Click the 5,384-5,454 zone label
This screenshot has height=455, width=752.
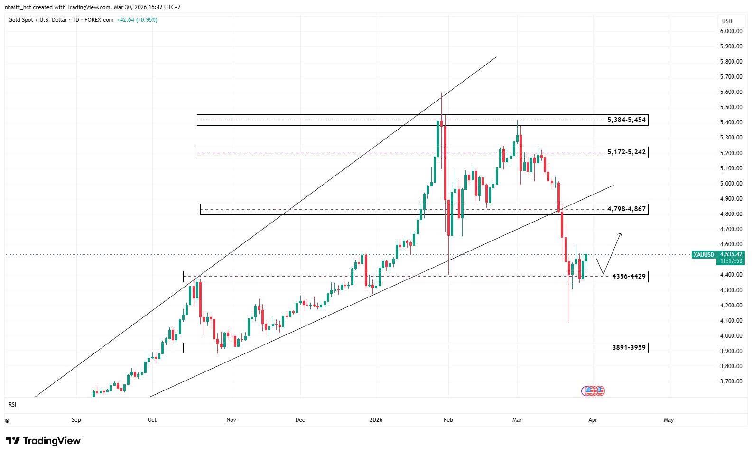(626, 120)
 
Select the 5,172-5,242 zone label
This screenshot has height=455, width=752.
(626, 152)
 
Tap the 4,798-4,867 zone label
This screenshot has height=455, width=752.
(626, 209)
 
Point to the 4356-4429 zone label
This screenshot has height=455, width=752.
(629, 277)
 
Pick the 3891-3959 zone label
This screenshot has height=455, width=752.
(629, 348)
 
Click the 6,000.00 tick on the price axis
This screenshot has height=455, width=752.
(731, 31)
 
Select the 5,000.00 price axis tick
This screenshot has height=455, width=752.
(731, 184)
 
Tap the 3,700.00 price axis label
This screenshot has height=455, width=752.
(731, 381)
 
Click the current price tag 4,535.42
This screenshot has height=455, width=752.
(731, 255)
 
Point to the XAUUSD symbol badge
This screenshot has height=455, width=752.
(704, 255)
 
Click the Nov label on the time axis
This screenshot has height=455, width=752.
(231, 420)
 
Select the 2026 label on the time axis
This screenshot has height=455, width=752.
(376, 420)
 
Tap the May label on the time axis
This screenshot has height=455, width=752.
(668, 420)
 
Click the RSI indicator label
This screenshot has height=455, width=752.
(12, 405)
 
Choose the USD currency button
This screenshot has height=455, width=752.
(727, 21)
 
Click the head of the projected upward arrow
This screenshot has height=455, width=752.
(620, 234)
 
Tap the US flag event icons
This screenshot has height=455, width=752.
(593, 391)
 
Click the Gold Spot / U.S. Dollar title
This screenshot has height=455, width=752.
(37, 20)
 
